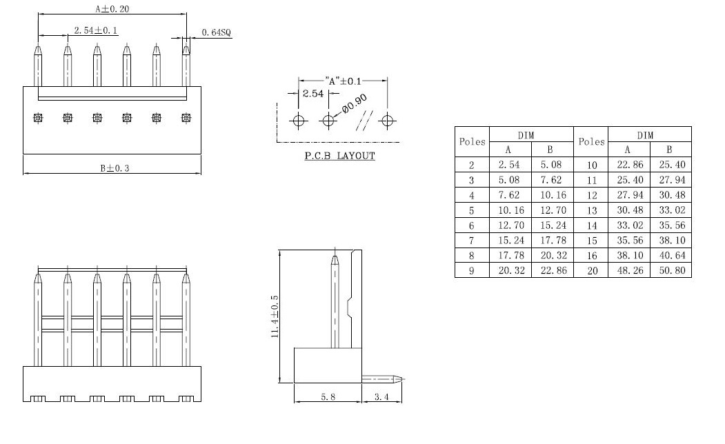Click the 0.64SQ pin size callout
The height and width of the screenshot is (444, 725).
point(216,32)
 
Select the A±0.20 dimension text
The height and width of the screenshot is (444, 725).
point(112,8)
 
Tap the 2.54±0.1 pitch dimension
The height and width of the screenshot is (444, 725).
point(96,30)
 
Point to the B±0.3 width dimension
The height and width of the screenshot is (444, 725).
point(115,168)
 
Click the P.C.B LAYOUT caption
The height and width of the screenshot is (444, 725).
point(340,156)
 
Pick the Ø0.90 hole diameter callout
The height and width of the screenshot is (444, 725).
point(354,104)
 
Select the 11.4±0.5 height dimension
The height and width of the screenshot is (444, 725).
point(274,316)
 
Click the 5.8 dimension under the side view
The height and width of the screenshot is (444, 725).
point(328,396)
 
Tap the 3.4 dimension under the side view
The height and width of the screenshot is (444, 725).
point(381,396)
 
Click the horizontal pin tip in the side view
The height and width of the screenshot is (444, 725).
point(397,379)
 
